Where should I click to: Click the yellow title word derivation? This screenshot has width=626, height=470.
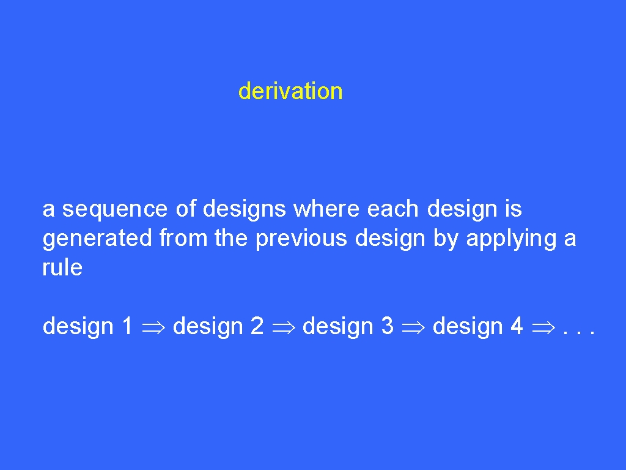point(290,91)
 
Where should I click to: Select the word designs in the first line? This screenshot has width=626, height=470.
point(245,209)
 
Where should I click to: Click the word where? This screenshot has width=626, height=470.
point(326,209)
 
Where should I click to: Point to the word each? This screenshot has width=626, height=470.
point(392,209)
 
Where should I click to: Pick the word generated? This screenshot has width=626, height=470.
point(97,239)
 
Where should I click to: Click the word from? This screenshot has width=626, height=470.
point(183,238)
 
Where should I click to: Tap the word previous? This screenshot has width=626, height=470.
point(301,239)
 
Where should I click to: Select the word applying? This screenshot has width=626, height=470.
point(512,239)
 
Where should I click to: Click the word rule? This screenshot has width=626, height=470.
point(63,267)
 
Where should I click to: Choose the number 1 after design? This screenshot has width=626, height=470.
point(127,326)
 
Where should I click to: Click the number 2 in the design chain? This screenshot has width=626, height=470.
point(257,326)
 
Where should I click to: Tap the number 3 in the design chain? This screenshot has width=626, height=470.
point(387,326)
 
